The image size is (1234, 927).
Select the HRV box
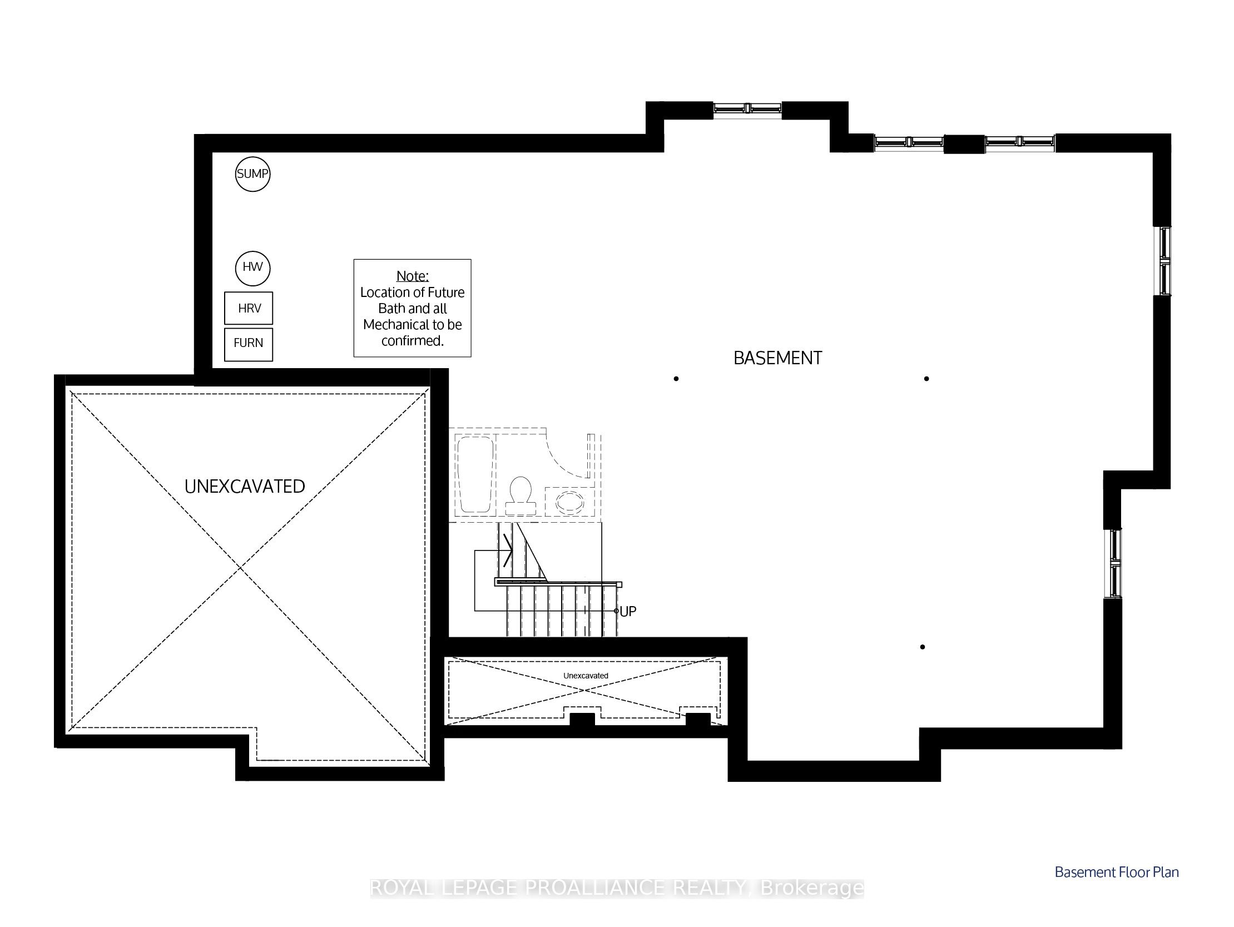click(249, 308)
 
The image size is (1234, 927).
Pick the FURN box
click(249, 344)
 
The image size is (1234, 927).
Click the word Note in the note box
click(412, 275)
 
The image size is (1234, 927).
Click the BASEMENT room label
click(777, 358)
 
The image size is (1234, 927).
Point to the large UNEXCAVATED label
click(245, 487)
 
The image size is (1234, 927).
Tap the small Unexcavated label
click(586, 676)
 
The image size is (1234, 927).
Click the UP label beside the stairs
click(628, 611)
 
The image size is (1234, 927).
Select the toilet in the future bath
click(521, 496)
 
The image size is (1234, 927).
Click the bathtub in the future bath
click(475, 475)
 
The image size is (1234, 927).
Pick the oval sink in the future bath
click(570, 502)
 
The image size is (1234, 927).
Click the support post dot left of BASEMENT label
click(676, 379)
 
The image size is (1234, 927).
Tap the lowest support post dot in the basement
click(923, 647)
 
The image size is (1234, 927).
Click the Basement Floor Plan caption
click(1117, 873)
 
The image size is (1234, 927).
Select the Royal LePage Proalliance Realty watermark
click(617, 888)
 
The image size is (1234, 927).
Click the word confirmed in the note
click(412, 341)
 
